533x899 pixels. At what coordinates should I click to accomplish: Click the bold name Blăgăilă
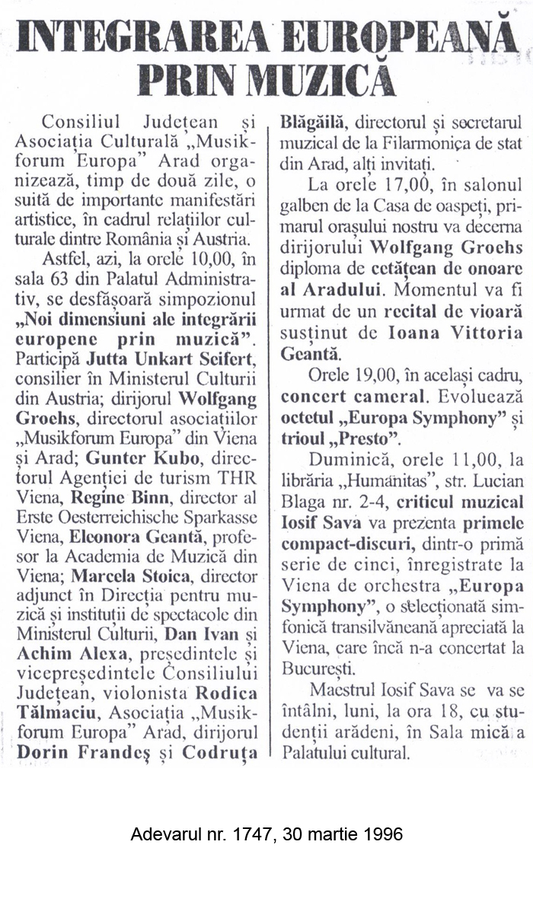point(314,122)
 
